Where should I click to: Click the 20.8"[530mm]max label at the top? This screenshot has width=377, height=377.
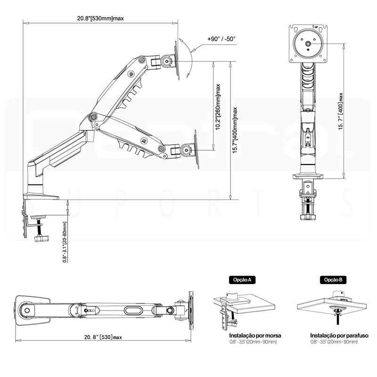pos(100,18)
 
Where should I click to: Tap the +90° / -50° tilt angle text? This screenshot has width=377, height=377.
pos(221,39)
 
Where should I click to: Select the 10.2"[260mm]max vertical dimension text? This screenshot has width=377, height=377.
pos(218,107)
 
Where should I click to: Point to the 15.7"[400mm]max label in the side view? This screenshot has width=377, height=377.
pos(235,130)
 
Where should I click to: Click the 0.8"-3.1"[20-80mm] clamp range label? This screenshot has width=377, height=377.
pos(65,242)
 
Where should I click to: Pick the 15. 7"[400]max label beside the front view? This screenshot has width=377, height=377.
pos(341,111)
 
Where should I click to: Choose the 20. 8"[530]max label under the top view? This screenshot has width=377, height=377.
pos(103,337)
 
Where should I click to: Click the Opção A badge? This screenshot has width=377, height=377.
pos(242,279)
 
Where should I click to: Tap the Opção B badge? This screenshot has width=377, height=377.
pos(333,279)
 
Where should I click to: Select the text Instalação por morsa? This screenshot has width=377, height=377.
pos(255,336)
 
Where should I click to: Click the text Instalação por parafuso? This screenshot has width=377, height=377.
pos(339,336)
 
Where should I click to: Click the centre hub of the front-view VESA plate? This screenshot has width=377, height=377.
pos(308,43)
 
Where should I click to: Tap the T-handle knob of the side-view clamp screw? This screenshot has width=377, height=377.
pos(41,238)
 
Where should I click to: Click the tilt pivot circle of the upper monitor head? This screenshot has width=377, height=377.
pos(167,61)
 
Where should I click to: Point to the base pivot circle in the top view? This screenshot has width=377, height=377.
pos(27,311)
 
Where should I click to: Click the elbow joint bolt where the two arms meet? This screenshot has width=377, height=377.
pos(93,117)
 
